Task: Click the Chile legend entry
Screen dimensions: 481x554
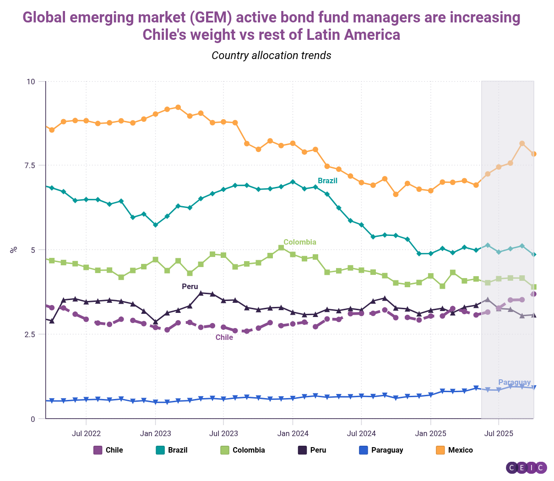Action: tap(109, 450)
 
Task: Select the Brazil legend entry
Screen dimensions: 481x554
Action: tap(172, 450)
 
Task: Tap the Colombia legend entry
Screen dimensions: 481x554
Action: tap(243, 450)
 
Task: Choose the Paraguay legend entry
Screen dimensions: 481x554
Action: tap(381, 450)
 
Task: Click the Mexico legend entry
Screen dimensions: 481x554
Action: tap(454, 450)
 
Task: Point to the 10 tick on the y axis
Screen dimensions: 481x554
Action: tap(31, 82)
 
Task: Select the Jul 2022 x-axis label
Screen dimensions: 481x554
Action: tap(86, 433)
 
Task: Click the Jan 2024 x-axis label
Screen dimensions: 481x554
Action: tap(293, 433)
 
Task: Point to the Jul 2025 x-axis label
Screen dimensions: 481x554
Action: tap(499, 433)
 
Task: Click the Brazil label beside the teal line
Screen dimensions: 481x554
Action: tap(327, 181)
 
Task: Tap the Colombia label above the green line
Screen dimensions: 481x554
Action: tap(300, 242)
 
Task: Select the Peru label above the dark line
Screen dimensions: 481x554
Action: tap(190, 287)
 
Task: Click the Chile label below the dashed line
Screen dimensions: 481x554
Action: tap(224, 338)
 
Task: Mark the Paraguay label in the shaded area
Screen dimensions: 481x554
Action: tap(515, 383)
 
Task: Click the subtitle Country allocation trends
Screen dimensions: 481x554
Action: tap(272, 55)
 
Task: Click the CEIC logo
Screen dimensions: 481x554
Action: tap(527, 468)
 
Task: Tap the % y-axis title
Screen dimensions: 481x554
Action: tap(14, 250)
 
